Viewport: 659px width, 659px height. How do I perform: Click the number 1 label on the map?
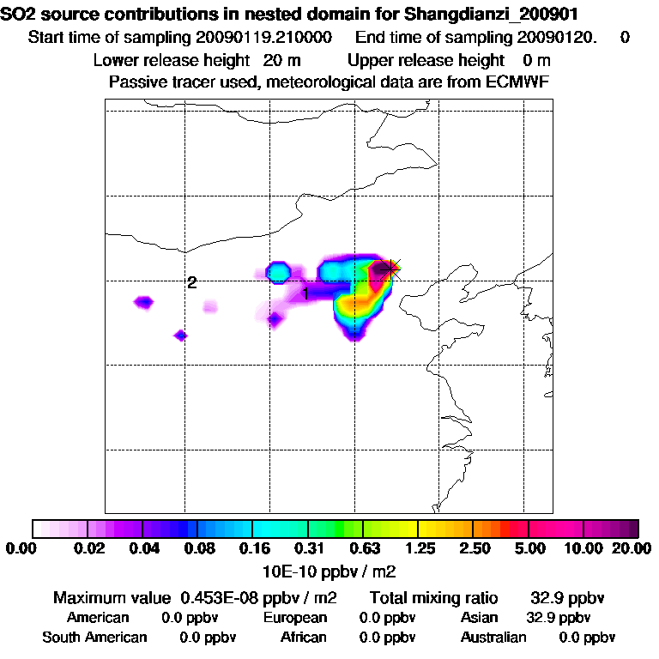(305, 293)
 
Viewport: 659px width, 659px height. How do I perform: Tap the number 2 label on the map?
(192, 282)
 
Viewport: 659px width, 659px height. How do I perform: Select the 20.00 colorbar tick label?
(631, 548)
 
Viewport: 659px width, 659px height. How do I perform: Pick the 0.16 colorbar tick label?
(252, 548)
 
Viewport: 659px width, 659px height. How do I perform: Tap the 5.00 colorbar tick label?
(529, 548)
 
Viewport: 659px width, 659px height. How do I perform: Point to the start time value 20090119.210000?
(265, 37)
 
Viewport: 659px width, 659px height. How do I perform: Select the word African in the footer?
(304, 638)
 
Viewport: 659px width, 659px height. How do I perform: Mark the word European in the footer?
(295, 618)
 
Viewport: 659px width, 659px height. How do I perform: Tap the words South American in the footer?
(94, 638)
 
